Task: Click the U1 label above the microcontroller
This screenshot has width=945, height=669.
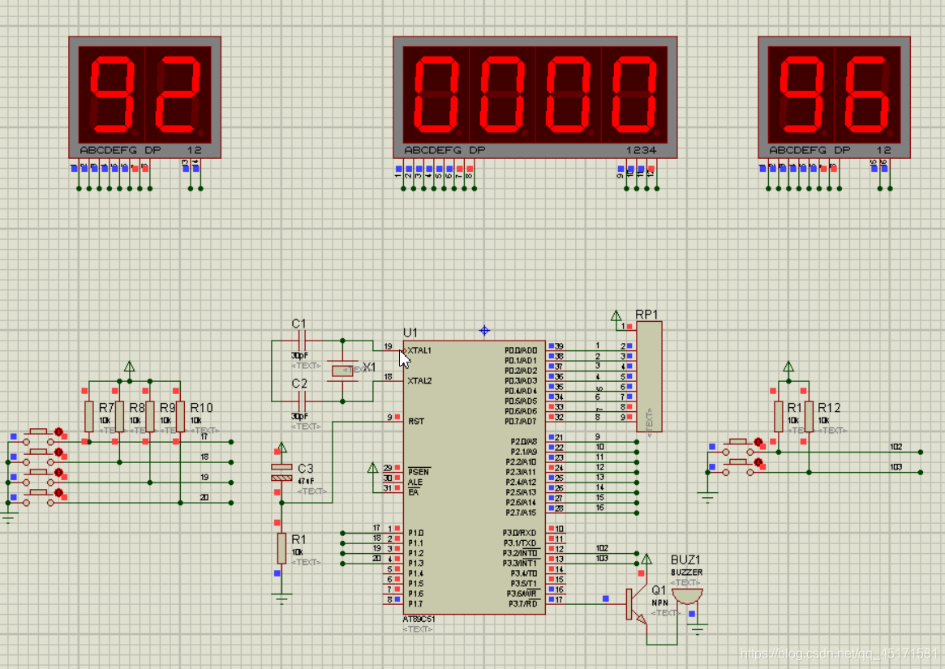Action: coord(410,332)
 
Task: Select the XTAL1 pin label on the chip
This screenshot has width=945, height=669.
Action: coord(419,350)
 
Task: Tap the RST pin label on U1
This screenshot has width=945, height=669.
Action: coord(415,421)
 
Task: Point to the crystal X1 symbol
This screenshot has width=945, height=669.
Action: coord(344,371)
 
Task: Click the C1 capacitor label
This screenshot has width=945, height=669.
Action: coord(299,324)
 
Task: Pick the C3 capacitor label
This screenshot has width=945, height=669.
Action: coord(305,469)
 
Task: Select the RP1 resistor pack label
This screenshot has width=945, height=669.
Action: coord(646,314)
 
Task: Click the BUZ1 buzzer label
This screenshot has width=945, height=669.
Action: coord(685,560)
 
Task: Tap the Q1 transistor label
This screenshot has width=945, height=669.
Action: coord(658,590)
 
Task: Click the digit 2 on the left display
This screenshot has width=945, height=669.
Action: coord(178,95)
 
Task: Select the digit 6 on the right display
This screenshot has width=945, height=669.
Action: coord(868,95)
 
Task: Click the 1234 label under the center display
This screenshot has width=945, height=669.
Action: coord(641,150)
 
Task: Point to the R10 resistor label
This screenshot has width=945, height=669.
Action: coord(201,408)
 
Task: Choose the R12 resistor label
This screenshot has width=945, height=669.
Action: coord(829,408)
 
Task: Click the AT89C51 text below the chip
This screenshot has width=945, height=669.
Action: coord(419,620)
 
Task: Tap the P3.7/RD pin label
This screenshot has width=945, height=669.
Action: coord(522,603)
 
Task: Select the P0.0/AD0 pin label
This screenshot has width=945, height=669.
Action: coord(521,350)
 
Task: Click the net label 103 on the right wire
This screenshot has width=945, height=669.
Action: coord(896,467)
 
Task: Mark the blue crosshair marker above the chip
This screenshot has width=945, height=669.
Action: coord(484,330)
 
